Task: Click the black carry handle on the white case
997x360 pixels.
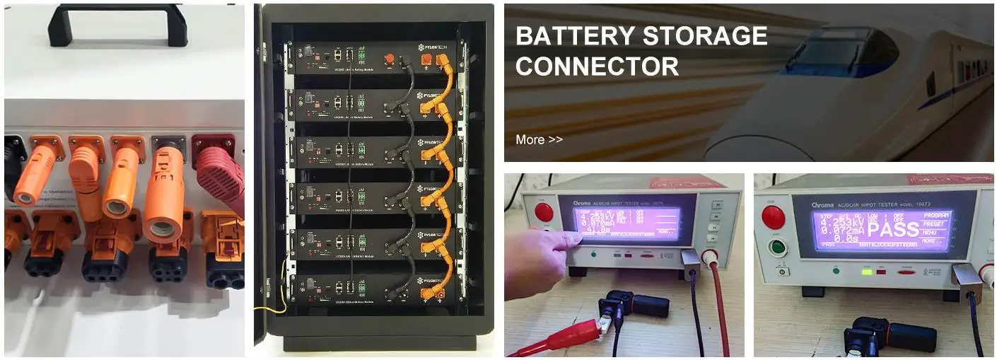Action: point(117,16)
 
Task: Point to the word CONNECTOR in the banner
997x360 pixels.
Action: point(597,66)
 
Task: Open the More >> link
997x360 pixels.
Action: point(539,139)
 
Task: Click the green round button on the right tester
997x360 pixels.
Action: point(777,248)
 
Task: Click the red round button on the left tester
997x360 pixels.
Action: point(544,211)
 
